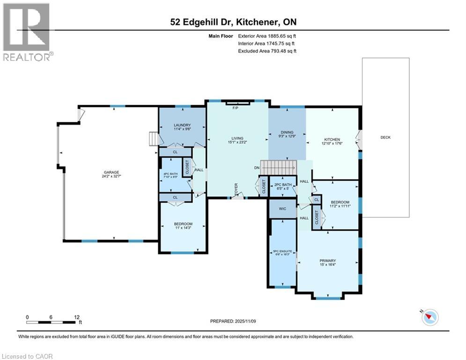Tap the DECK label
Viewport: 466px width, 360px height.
pos(385,137)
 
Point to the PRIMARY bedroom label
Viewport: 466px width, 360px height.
pos(328,261)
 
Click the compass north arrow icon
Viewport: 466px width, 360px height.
pos(429,317)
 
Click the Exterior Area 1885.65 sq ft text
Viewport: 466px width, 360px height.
pos(267,36)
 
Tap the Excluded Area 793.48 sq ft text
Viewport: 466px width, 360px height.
pos(267,51)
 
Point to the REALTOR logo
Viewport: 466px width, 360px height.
pos(27,31)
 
